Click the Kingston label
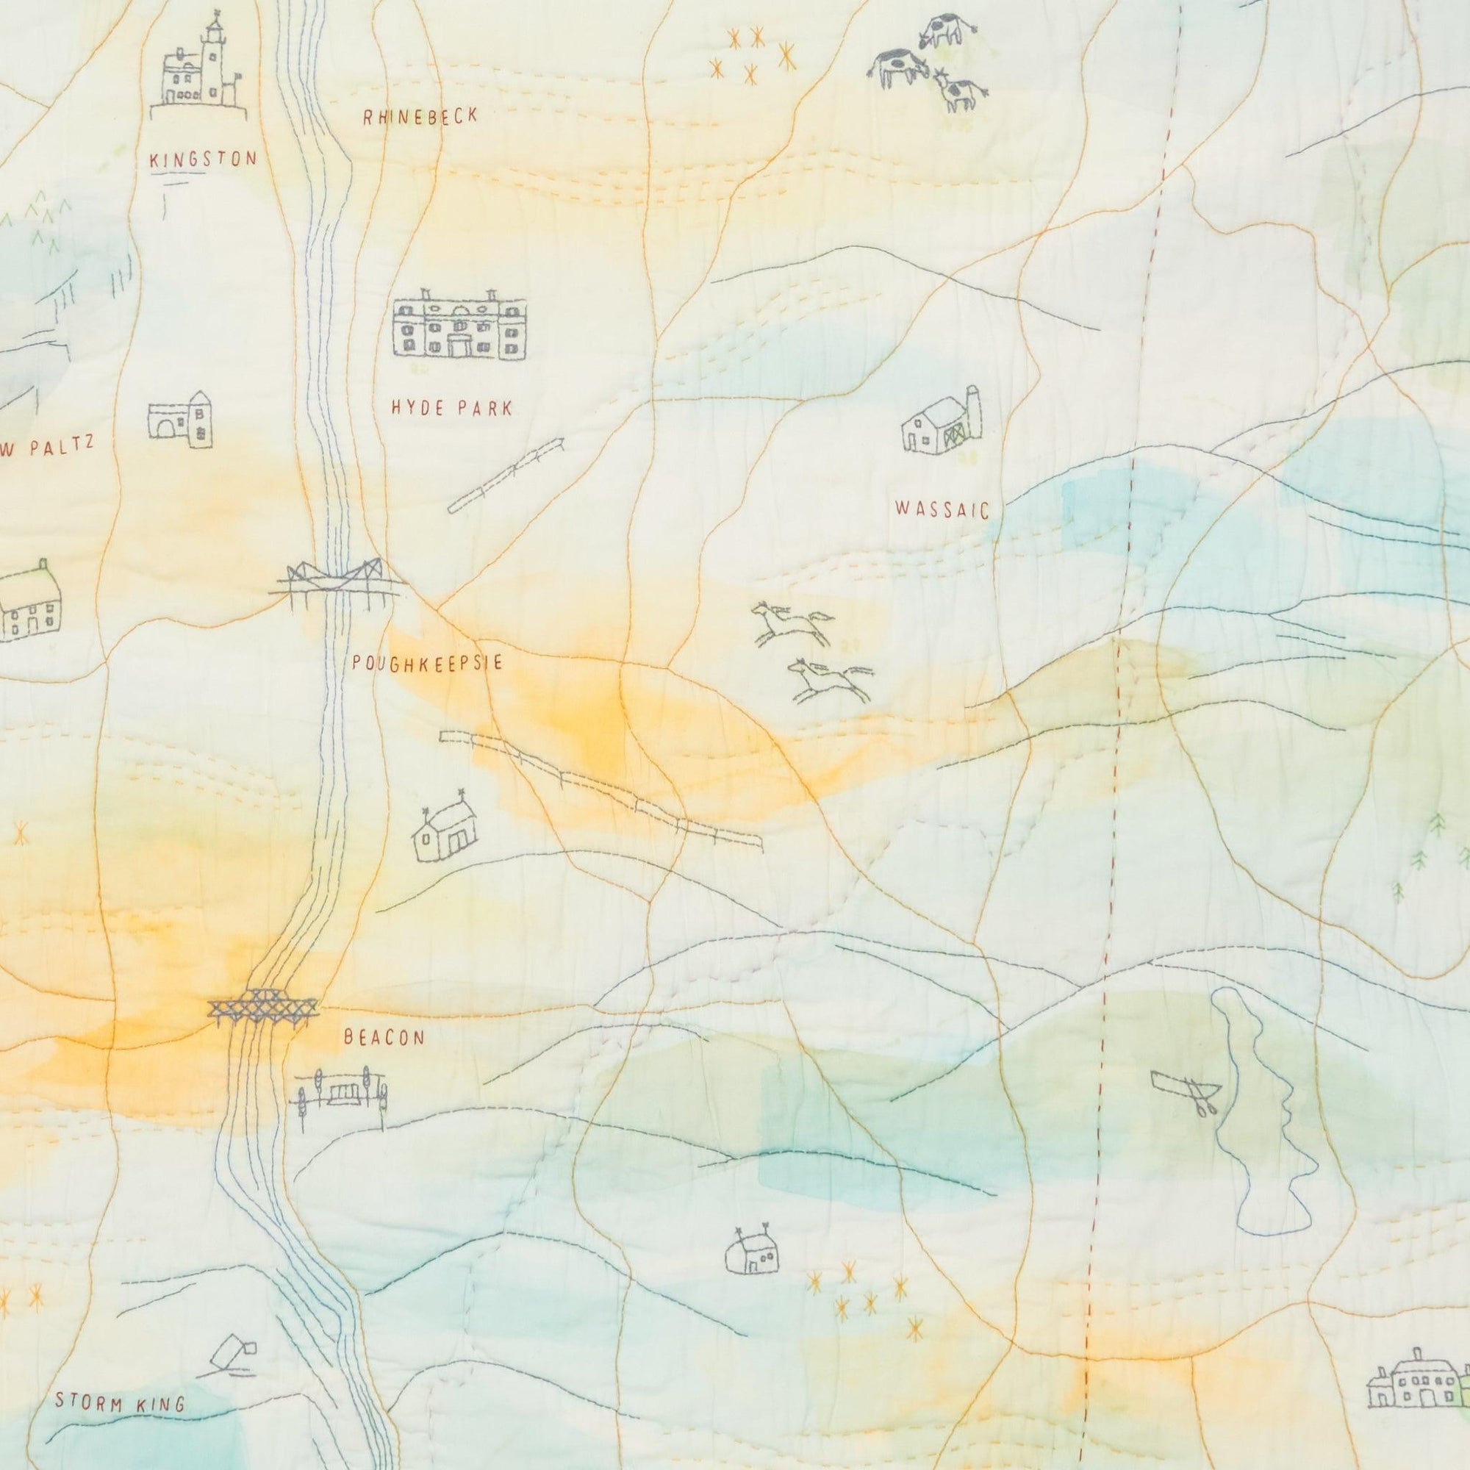[203, 159]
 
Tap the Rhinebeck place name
[420, 116]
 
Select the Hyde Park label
[451, 408]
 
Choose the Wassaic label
[943, 509]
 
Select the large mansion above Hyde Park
[459, 323]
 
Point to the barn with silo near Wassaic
[942, 423]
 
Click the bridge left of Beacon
[262, 1011]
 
